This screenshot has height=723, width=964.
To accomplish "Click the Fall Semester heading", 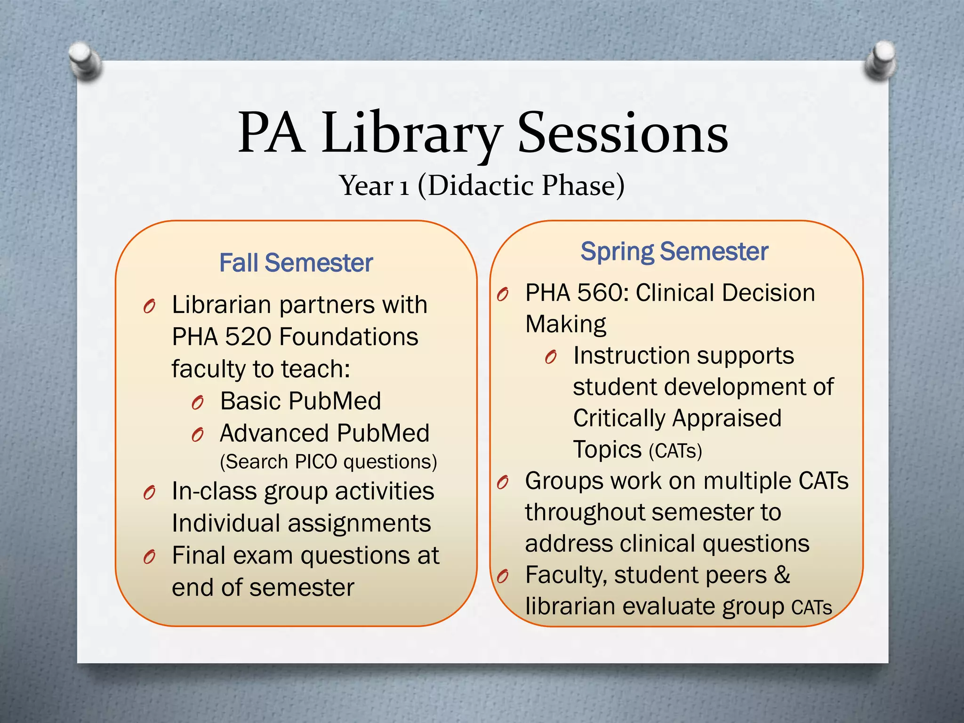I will point(296,263).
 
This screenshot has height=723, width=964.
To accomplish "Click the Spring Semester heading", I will point(674,251).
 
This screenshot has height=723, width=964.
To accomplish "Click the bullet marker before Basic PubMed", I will point(198,403).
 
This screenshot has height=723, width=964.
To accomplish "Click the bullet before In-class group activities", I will point(149,493).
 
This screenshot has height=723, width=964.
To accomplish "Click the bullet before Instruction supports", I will point(551,358).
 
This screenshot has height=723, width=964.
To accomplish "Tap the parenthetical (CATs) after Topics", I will point(675,451).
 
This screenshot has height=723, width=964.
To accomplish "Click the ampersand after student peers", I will point(782,575).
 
